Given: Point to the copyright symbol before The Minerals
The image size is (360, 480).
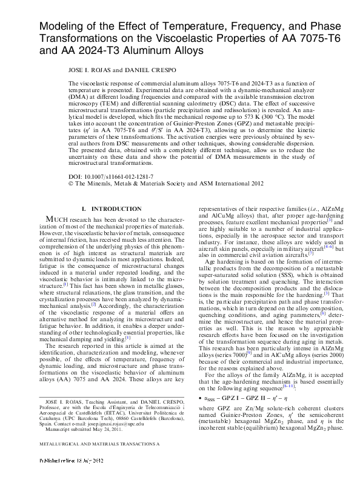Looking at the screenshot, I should point(71,182).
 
